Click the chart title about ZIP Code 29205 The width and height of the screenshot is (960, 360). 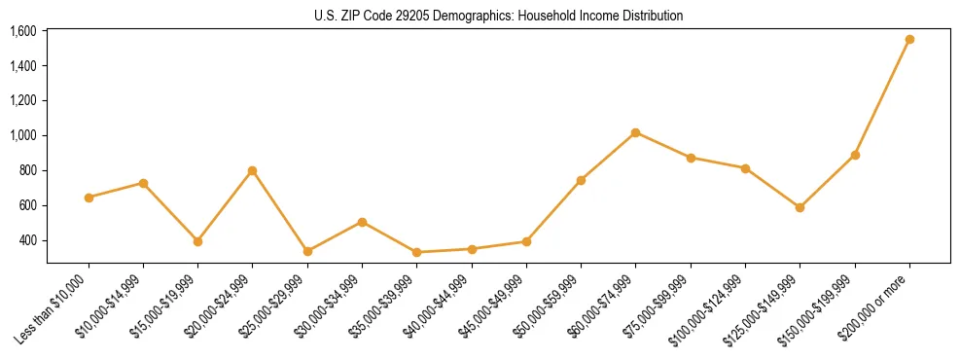pyautogui.click(x=498, y=16)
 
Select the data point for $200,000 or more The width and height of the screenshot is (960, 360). pyautogui.click(x=909, y=40)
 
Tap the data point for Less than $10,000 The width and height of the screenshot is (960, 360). pyautogui.click(x=89, y=198)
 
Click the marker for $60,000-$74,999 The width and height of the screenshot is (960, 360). pyautogui.click(x=635, y=132)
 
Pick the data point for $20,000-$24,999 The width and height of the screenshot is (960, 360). pyautogui.click(x=252, y=171)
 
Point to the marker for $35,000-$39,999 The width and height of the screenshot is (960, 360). pyautogui.click(x=416, y=252)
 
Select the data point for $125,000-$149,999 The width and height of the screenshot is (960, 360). pyautogui.click(x=800, y=207)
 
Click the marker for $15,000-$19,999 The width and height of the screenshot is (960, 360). pyautogui.click(x=197, y=241)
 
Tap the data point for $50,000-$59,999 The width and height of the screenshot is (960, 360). pyautogui.click(x=581, y=180)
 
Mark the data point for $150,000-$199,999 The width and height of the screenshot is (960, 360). pyautogui.click(x=855, y=155)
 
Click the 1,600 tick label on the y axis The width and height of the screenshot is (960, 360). pyautogui.click(x=22, y=31)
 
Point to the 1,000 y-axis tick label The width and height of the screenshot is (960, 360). pyautogui.click(x=22, y=135)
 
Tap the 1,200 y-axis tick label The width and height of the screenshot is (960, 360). pyautogui.click(x=22, y=100)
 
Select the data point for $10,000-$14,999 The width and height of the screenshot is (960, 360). pyautogui.click(x=143, y=183)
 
